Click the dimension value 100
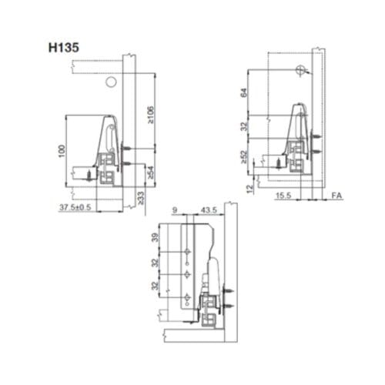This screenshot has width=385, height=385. tap(61, 151)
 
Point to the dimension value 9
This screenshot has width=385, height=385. tap(176, 210)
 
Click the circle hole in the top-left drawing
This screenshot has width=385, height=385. tap(111, 81)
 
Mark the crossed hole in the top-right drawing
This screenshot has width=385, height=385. tap(298, 69)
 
